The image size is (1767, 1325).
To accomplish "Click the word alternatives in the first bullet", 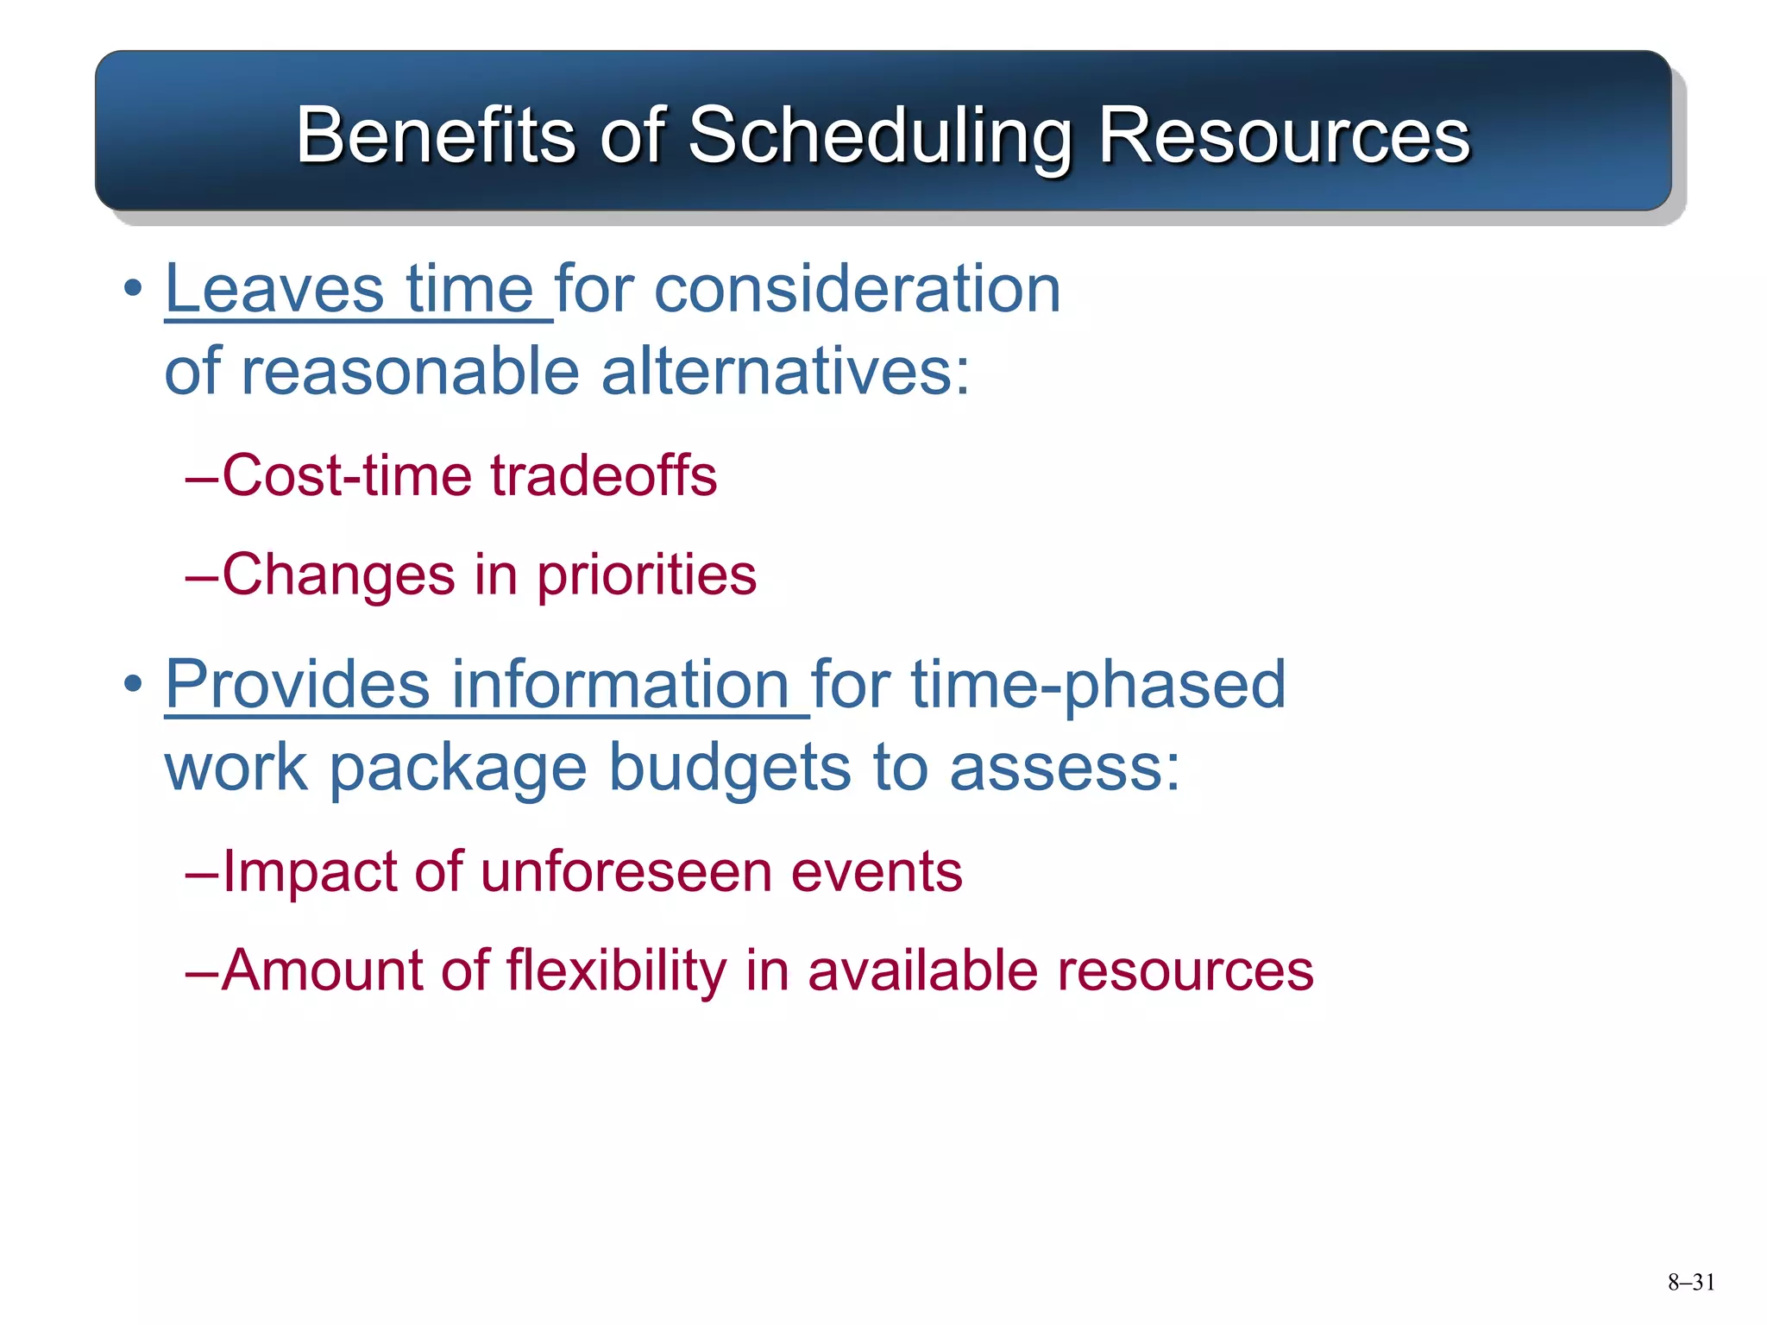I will pyautogui.click(x=785, y=372).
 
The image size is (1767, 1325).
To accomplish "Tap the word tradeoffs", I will pyautogui.click(x=604, y=475).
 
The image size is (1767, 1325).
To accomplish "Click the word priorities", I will pyautogui.click(x=646, y=575).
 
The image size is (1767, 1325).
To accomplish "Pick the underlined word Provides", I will pyautogui.click(x=297, y=684).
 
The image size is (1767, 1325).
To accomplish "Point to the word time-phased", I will pyautogui.click(x=1098, y=686).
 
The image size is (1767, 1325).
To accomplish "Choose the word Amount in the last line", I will pyautogui.click(x=322, y=970).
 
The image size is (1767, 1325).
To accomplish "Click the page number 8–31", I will pyautogui.click(x=1690, y=1283).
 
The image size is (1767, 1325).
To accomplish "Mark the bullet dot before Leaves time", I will pyautogui.click(x=132, y=290).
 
